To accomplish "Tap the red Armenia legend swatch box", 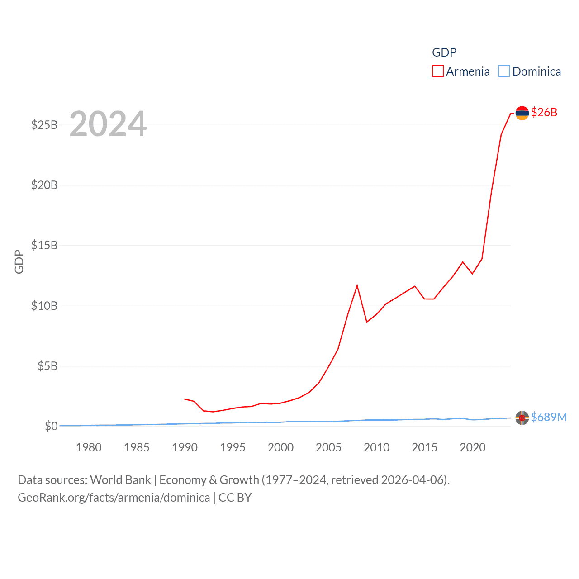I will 437,71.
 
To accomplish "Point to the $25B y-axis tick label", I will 44,125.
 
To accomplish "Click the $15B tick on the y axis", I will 44,245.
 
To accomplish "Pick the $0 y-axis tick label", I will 51,426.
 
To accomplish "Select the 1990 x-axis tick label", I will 185,447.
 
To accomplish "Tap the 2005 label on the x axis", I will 328,447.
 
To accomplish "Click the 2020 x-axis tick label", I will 472,447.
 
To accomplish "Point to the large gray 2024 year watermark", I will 108,124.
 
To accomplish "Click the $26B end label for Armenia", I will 544,112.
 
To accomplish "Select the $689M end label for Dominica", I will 549,417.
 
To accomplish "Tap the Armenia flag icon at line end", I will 522,113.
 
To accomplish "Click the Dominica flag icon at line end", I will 522,418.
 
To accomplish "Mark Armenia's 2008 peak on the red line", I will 357,286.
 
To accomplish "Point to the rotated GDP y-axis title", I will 19,261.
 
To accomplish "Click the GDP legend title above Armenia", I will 444,52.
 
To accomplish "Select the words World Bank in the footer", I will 120,479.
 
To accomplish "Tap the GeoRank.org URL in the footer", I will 114,498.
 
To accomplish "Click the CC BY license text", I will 235,498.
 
